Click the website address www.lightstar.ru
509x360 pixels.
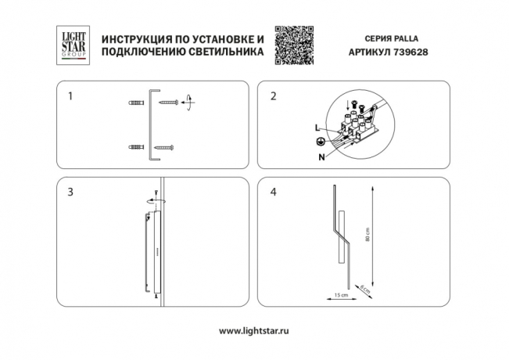pos(254,332)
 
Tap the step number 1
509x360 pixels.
pos(71,97)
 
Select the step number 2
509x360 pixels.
pos(273,97)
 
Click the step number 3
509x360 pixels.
pos(71,192)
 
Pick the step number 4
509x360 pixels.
pos(273,192)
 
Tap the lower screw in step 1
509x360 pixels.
pos(166,146)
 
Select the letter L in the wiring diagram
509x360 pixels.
pos(317,127)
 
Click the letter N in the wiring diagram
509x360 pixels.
pos(321,157)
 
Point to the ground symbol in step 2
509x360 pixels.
pos(318,142)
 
